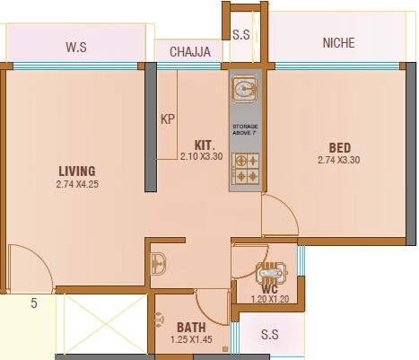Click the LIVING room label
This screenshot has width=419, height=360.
pos(76,171)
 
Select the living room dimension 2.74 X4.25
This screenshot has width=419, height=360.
pos(76,185)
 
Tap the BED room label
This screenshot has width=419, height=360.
pos(339,147)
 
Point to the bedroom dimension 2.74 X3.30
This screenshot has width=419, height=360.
pos(339,161)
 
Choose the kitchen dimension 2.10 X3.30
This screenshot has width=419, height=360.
pos(200,156)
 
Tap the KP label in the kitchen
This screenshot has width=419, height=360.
pos(167,119)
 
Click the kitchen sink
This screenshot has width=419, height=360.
pos(245,88)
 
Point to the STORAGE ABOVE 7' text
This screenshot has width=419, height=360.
pos(245,131)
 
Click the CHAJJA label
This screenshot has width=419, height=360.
pos(190,52)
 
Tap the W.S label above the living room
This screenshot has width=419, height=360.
pos(75,46)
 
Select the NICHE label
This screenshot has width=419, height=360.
pos(338,42)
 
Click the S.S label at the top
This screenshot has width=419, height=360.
pos(241,36)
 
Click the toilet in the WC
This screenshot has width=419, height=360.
pos(269,274)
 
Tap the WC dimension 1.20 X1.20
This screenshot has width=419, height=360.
pos(269,299)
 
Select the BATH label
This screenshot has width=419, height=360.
pos(191,327)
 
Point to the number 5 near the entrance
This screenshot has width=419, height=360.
pos(34,303)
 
